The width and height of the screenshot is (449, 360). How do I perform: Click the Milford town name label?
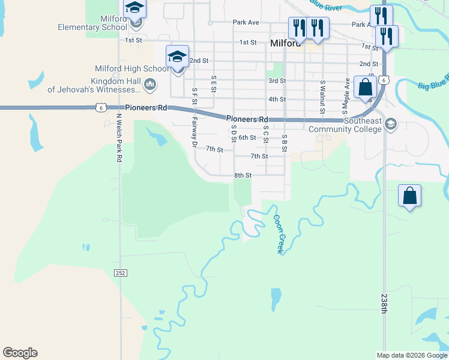[286, 43]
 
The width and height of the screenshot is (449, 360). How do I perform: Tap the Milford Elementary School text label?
[93, 23]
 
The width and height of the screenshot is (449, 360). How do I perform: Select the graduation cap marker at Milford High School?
[177, 56]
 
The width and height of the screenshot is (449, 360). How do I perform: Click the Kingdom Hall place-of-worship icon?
[150, 85]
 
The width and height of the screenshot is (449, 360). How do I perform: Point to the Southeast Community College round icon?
[391, 124]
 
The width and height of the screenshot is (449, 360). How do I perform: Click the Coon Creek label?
[278, 234]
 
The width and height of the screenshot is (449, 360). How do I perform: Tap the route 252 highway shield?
[120, 272]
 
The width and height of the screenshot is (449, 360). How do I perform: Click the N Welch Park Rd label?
[119, 138]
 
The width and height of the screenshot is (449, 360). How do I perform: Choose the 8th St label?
[242, 175]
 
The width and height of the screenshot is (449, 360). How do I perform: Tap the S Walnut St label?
[322, 96]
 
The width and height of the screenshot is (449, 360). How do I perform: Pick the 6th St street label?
[247, 137]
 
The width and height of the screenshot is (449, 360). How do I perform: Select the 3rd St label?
[277, 80]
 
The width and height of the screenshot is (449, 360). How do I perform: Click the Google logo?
[20, 353]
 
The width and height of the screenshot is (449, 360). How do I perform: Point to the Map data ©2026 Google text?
[411, 355]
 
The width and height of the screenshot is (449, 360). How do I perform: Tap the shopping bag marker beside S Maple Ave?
[365, 88]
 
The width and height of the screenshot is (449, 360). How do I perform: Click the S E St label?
[213, 83]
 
